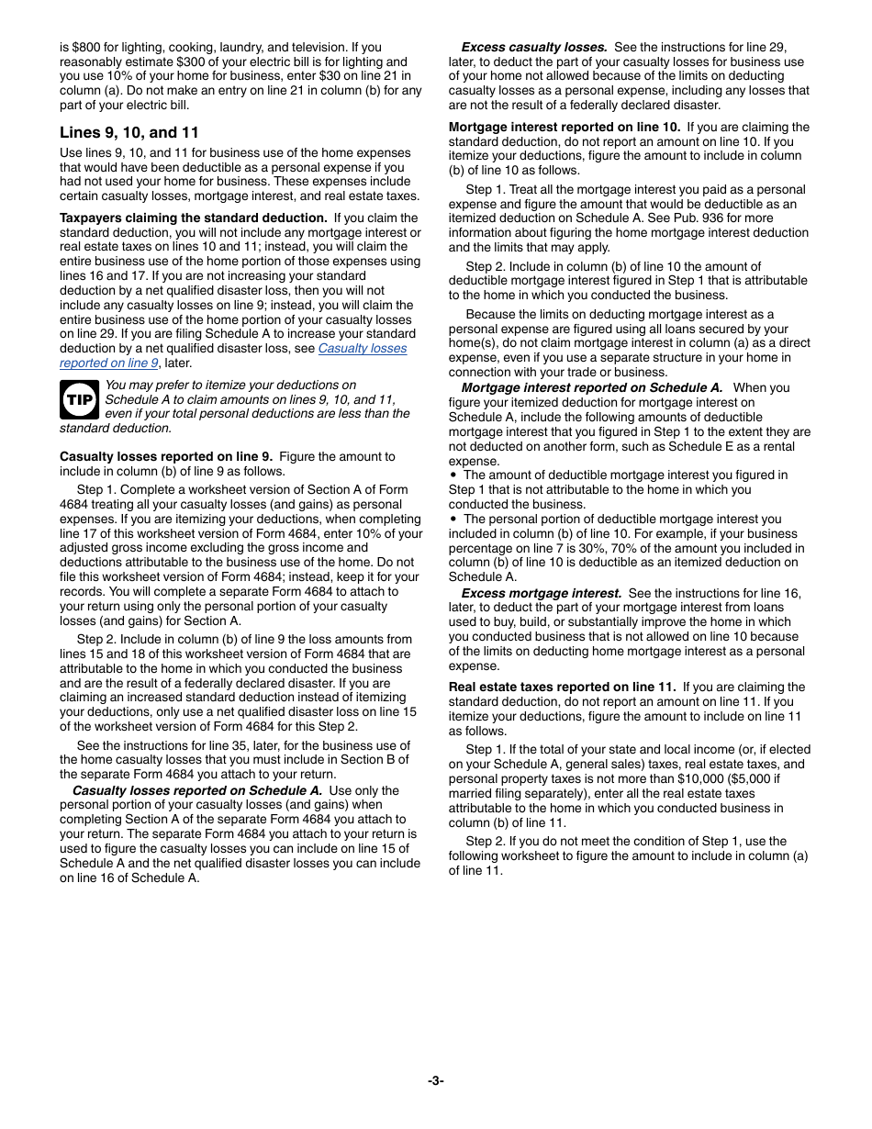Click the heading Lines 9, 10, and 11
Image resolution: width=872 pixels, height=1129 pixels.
point(129,132)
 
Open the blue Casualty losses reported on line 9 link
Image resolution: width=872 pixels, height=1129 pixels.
point(362,349)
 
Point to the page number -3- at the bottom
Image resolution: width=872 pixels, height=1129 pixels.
point(436,1080)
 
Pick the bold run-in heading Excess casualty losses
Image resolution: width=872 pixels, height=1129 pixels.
point(533,47)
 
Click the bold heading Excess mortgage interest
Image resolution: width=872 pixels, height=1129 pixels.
point(541,593)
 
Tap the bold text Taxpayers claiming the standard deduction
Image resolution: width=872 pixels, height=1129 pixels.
point(193,218)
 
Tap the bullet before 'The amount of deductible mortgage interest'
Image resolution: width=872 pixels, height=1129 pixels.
point(453,475)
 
